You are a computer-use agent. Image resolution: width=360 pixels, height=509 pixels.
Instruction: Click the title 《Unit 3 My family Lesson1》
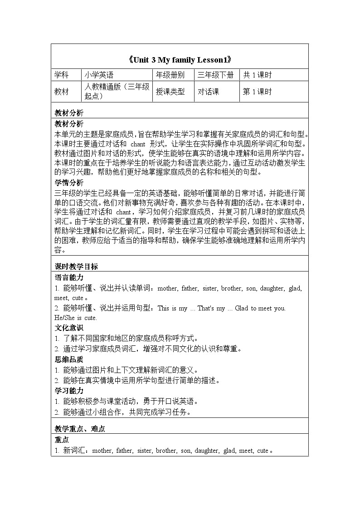180,59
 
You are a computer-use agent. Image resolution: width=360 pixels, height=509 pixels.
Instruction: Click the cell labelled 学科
62,75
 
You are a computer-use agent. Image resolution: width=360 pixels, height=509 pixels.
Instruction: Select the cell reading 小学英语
98,75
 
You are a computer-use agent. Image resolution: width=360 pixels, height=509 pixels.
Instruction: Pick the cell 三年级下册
215,75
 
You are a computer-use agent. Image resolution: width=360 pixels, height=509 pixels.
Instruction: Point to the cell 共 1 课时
258,75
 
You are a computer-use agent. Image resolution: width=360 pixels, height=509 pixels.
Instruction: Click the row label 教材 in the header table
62,92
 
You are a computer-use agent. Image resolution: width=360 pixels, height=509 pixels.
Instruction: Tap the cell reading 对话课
208,92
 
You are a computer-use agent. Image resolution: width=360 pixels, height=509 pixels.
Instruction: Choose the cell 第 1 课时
258,92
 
